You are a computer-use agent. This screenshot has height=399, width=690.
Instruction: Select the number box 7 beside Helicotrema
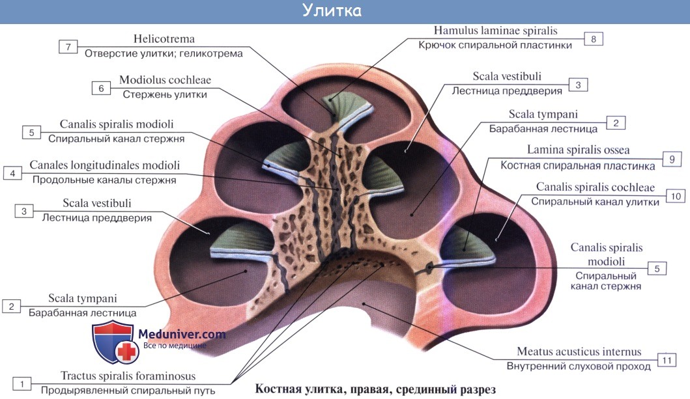point(68,46)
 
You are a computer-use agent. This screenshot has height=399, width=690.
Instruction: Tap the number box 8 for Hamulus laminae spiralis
point(594,39)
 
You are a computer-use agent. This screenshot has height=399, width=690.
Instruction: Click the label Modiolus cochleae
point(165,81)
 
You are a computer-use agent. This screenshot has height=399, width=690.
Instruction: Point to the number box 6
point(101,87)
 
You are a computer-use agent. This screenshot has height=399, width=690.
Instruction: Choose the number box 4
point(12,172)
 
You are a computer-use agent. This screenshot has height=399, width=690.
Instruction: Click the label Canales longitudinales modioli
point(104,166)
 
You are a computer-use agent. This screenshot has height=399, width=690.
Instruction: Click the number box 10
point(675,195)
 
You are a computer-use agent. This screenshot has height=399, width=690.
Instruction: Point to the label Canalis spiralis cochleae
point(595,187)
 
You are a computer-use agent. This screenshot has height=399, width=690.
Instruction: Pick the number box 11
point(666,360)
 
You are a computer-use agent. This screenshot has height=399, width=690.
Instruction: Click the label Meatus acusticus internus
point(579,352)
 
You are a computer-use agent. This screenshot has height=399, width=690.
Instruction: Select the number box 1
point(22,384)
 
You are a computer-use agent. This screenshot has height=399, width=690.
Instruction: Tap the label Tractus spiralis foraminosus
point(128,376)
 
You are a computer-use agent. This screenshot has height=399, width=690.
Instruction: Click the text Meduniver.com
point(182,335)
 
